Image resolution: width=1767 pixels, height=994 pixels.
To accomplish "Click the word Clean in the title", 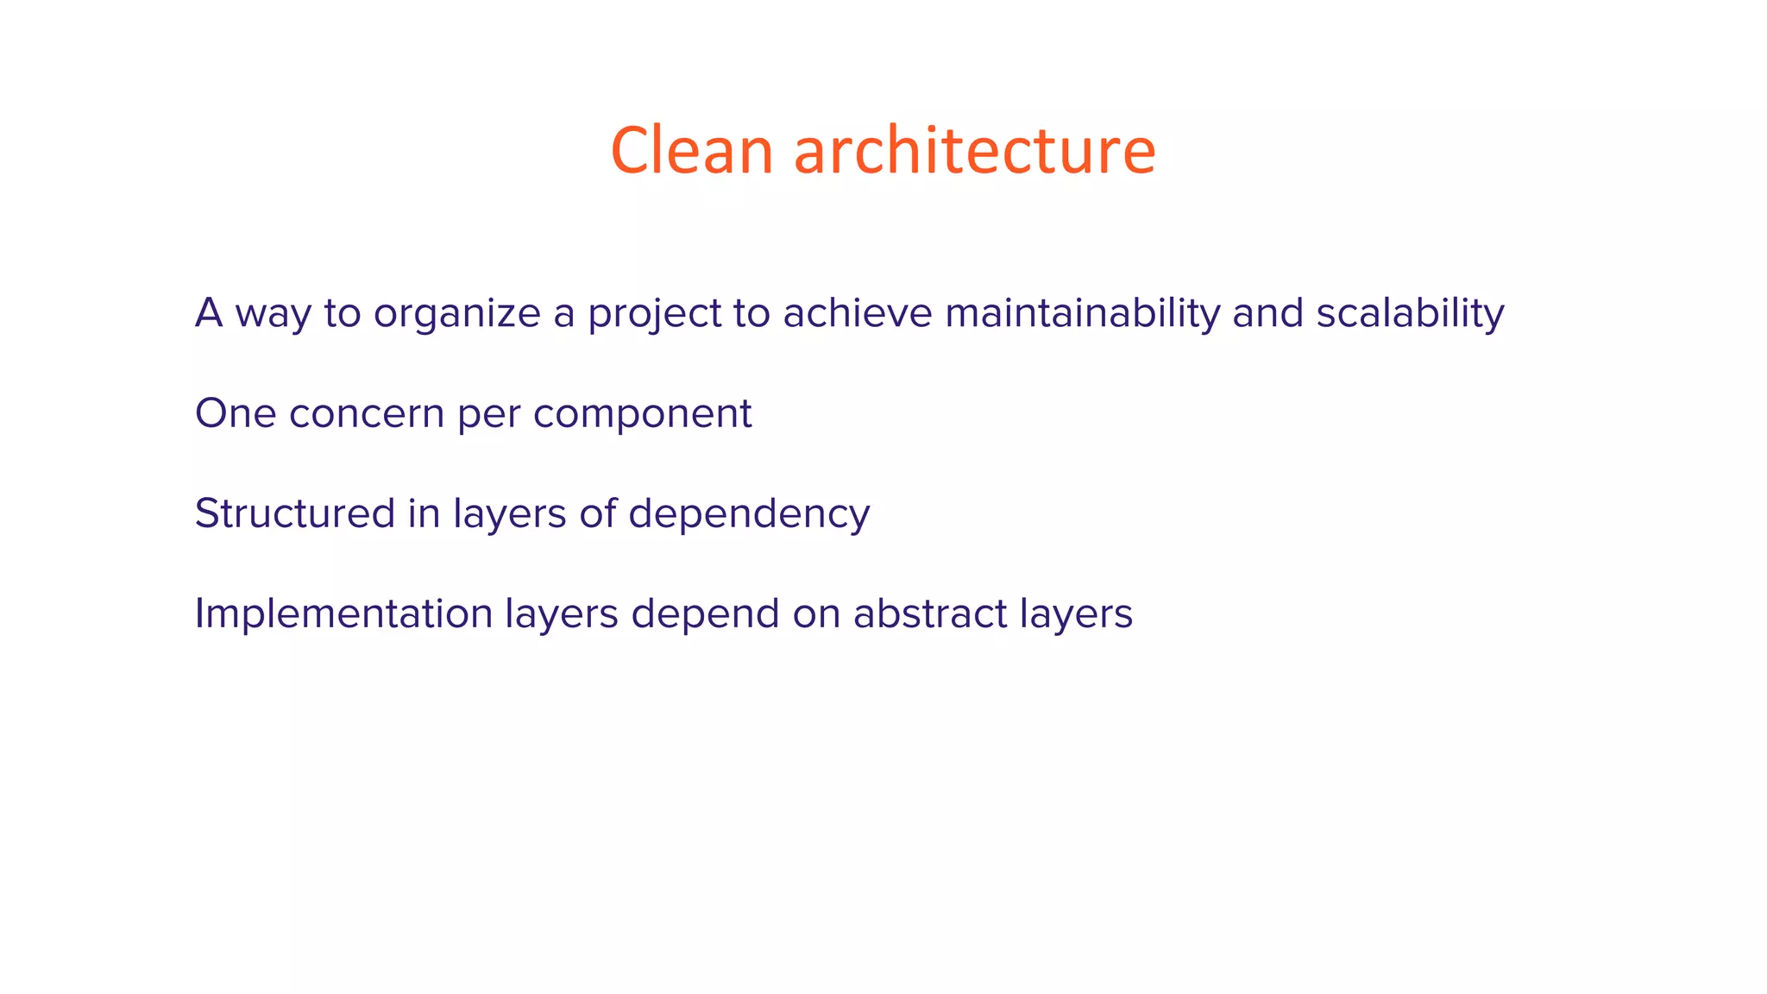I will [x=691, y=150].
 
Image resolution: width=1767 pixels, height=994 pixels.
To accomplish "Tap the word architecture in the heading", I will [x=974, y=150].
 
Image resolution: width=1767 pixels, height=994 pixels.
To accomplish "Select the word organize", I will [x=456, y=314].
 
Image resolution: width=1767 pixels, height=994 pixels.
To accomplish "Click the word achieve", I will [x=858, y=312].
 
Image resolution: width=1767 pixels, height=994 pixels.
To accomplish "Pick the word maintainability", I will [x=1082, y=312].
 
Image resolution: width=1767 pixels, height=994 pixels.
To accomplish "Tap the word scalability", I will [x=1410, y=312].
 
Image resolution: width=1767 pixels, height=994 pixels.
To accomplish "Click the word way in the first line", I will [x=273, y=314].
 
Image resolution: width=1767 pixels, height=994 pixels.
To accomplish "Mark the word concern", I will [x=367, y=413].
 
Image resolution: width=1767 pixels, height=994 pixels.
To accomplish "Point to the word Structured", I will [x=294, y=513].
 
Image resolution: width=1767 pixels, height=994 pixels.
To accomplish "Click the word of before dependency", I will [x=597, y=513].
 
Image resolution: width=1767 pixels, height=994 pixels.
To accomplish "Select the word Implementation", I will [x=343, y=614].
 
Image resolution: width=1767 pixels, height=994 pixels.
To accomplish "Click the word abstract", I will [x=930, y=613].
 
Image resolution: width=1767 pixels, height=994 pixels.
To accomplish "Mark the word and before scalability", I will [x=1267, y=312].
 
